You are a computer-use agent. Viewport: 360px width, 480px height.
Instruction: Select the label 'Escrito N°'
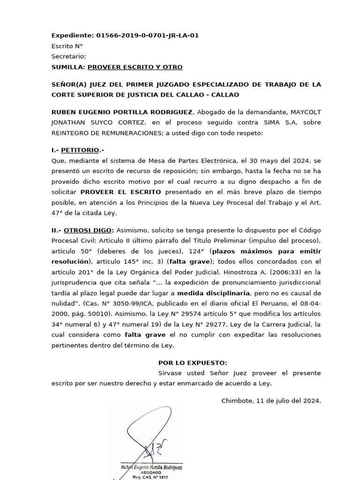[67, 46]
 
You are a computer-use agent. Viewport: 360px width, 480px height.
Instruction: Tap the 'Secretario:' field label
[69, 56]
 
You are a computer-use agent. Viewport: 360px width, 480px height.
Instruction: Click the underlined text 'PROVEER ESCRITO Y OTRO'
[135, 67]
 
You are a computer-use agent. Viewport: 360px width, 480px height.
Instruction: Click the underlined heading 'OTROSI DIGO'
[88, 230]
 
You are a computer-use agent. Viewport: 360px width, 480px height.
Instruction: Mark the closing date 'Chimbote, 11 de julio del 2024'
[271, 401]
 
